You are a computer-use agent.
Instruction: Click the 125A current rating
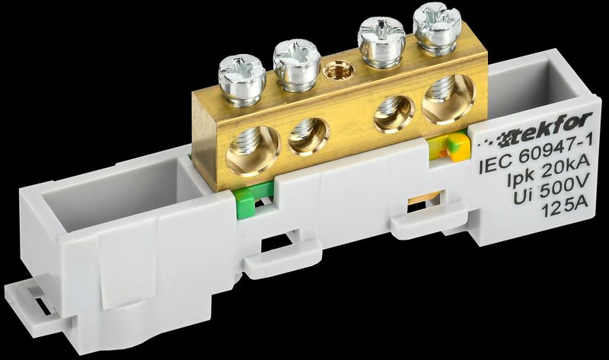(x=564, y=209)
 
